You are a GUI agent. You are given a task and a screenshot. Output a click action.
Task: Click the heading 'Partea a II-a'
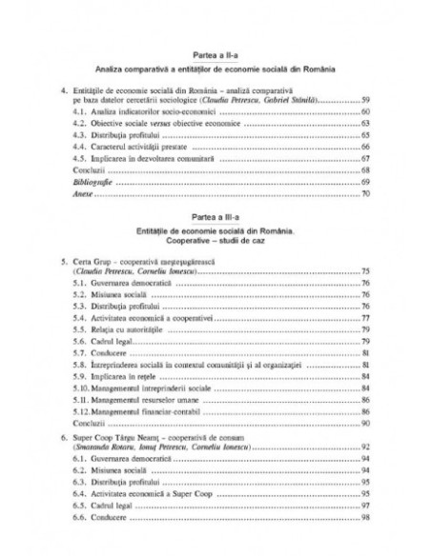[215, 56]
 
